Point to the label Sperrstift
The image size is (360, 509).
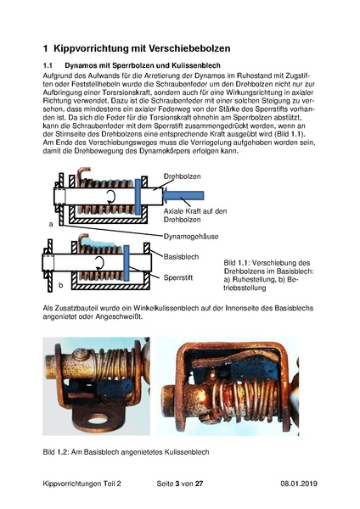coord(180,277)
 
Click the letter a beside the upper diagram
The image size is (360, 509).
coord(51,225)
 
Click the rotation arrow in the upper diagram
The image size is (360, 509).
coord(110,197)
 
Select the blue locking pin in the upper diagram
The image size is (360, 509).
coord(137,196)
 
